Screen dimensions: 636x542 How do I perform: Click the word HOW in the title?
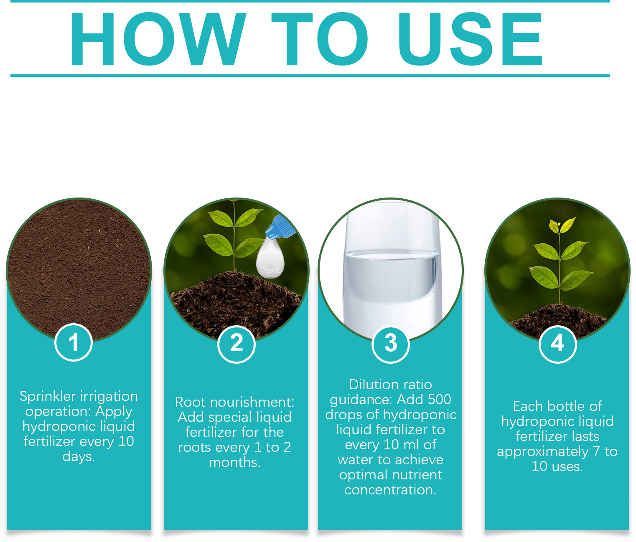158,39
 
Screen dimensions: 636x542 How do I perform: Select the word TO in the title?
320,39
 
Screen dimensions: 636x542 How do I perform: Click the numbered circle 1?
74,342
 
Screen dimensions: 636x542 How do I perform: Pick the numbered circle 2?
237,344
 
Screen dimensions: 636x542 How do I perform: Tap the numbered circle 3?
390,344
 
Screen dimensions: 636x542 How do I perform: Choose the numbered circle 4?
557,344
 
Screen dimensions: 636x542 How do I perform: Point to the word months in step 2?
234,462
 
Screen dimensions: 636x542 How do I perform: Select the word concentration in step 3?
390,490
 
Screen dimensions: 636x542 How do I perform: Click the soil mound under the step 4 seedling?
557,320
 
